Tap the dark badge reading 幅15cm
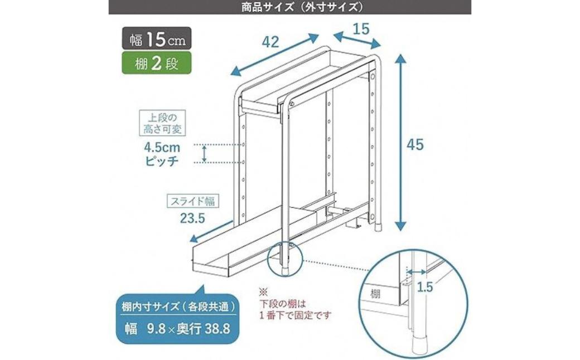click(157, 38)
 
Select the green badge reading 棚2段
click(157, 63)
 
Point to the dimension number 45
click(415, 144)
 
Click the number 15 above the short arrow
click(361, 28)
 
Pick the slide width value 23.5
click(192, 218)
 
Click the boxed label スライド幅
click(192, 201)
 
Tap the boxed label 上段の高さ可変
click(162, 124)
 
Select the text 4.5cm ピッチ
click(162, 154)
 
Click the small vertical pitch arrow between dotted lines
click(204, 154)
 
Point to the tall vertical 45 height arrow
click(400, 143)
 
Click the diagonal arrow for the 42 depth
click(274, 55)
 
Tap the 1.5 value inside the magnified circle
click(424, 287)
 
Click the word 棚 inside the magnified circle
click(375, 294)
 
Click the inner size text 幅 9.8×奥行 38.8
click(177, 329)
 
